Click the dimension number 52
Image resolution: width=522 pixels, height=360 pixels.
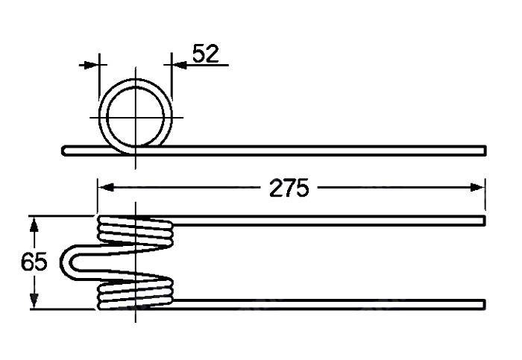pyautogui.click(x=206, y=54)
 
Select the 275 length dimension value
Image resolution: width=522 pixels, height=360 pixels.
pyautogui.click(x=289, y=188)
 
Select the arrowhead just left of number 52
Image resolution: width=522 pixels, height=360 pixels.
pyautogui.click(x=180, y=65)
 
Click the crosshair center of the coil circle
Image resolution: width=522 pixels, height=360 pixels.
pyautogui.click(x=136, y=117)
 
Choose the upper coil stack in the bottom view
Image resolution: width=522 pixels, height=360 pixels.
pyautogui.click(x=136, y=231)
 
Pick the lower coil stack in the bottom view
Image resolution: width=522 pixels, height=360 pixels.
pyautogui.click(x=136, y=293)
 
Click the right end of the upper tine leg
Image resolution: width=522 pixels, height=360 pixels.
pyautogui.click(x=482, y=221)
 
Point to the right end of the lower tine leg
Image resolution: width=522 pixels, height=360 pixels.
pyautogui.click(x=482, y=303)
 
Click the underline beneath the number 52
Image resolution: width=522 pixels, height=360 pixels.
pyautogui.click(x=205, y=66)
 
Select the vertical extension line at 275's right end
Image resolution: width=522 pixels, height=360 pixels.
pyautogui.click(x=485, y=195)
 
